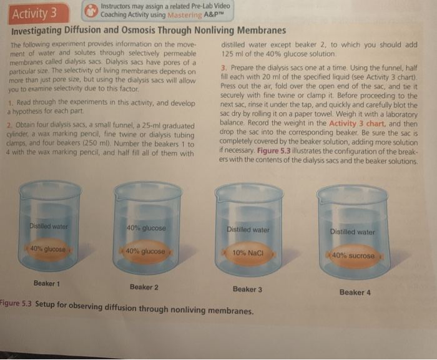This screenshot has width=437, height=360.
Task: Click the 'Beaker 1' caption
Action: click(x=47, y=283)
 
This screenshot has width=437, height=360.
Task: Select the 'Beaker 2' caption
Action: click(x=144, y=287)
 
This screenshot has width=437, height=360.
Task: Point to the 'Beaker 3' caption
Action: click(x=247, y=289)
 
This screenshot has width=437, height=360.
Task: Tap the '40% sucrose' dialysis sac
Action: click(x=354, y=256)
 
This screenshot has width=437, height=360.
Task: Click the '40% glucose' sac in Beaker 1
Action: click(x=48, y=249)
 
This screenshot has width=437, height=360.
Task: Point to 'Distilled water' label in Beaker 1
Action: click(x=49, y=226)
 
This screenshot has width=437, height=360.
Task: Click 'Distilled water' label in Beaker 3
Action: click(x=248, y=230)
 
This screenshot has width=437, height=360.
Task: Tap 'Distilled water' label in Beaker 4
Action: click(x=353, y=231)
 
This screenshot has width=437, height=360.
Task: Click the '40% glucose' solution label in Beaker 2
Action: click(x=146, y=228)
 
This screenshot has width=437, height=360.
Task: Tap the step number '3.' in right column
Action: click(x=225, y=66)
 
